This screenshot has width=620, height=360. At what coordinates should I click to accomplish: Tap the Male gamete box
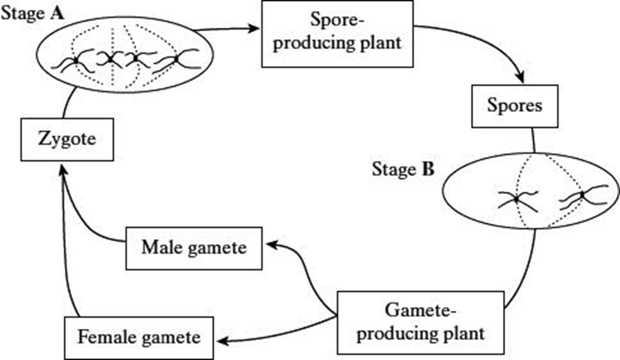(x=194, y=247)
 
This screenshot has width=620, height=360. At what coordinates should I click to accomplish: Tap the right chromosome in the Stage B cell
(x=584, y=198)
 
